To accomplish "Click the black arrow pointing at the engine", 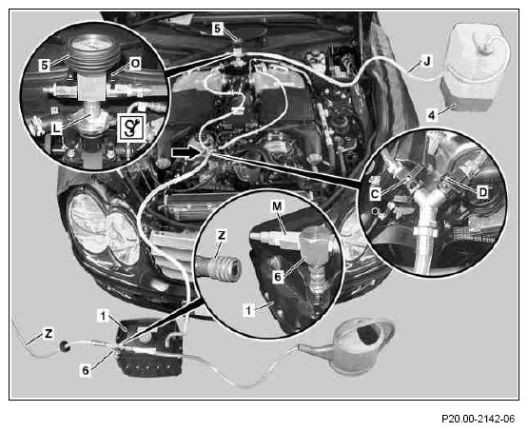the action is [x=185, y=153].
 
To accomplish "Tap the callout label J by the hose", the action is [x=427, y=62].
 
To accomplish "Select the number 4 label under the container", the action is [x=431, y=115].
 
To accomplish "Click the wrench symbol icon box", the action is [x=132, y=127].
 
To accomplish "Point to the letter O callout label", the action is [x=135, y=64].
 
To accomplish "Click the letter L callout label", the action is [x=57, y=128].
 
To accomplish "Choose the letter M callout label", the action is [x=277, y=206].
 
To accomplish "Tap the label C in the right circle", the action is [x=375, y=194].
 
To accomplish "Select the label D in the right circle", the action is [x=483, y=192].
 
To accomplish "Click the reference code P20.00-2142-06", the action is [x=479, y=419].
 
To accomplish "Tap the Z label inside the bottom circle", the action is [x=222, y=235].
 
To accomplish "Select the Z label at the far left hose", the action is [x=49, y=334].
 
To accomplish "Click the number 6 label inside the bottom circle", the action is [x=277, y=277].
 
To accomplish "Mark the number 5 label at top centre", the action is [x=218, y=29].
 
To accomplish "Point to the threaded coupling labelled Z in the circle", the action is [x=219, y=268].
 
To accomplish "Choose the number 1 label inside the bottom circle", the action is [x=248, y=310].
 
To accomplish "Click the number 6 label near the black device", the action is [x=86, y=371].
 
